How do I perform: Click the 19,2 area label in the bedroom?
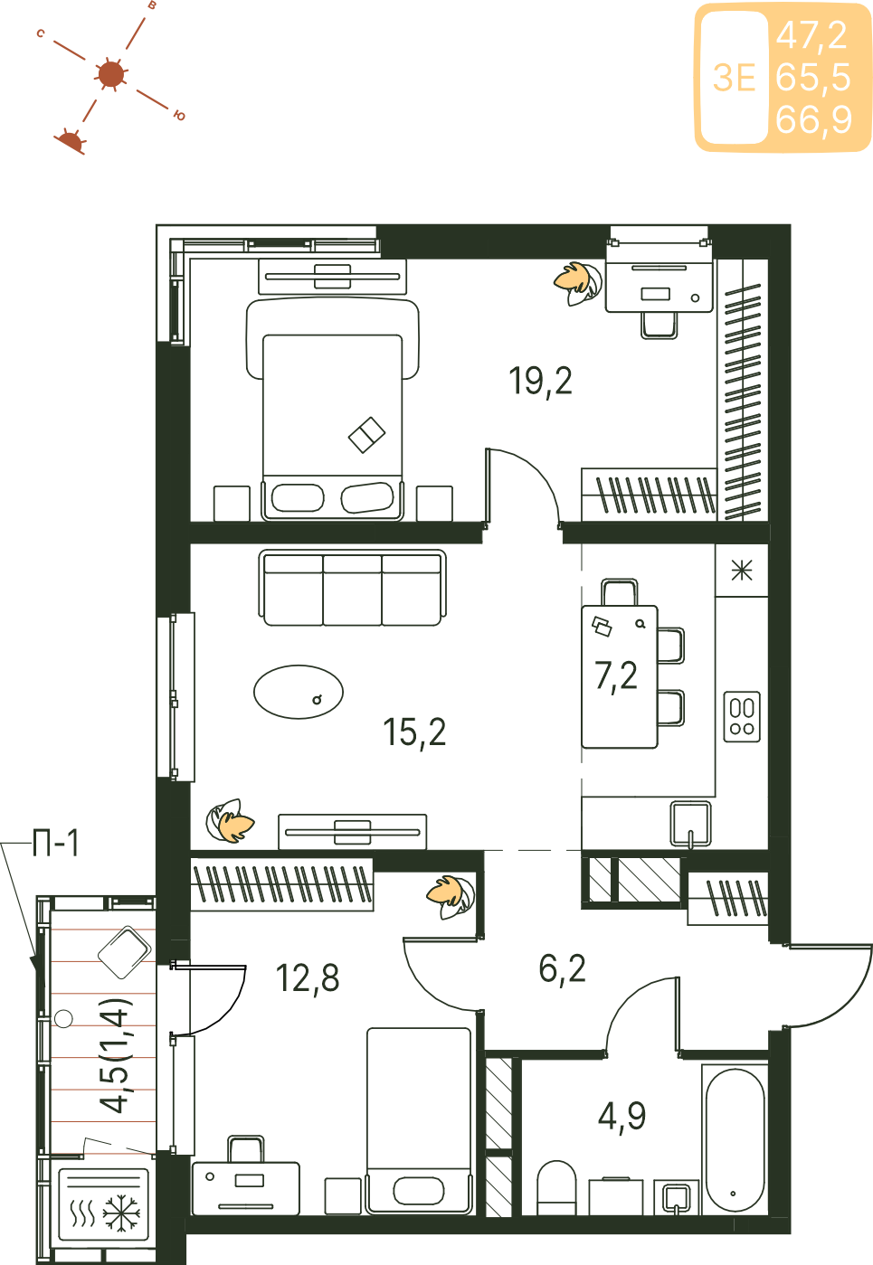pyautogui.click(x=540, y=382)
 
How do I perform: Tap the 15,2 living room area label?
pyautogui.click(x=414, y=732)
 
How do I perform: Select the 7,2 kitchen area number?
pyautogui.click(x=616, y=676)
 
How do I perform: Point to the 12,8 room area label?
pyautogui.click(x=308, y=978)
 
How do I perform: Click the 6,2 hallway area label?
pyautogui.click(x=562, y=969)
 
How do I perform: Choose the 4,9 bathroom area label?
pyautogui.click(x=622, y=1117)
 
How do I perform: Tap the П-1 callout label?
pyautogui.click(x=55, y=844)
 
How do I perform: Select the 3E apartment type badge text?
pyautogui.click(x=734, y=78)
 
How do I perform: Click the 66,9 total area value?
pyautogui.click(x=813, y=119)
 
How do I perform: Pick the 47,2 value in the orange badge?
pyautogui.click(x=812, y=35)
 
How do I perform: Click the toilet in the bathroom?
pyautogui.click(x=556, y=1186)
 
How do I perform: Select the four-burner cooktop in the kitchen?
pyautogui.click(x=742, y=717)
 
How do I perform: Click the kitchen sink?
pyautogui.click(x=690, y=823)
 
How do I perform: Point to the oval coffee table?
pyautogui.click(x=299, y=692)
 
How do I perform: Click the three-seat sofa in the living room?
pyautogui.click(x=353, y=588)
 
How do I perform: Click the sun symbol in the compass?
pyautogui.click(x=110, y=74)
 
